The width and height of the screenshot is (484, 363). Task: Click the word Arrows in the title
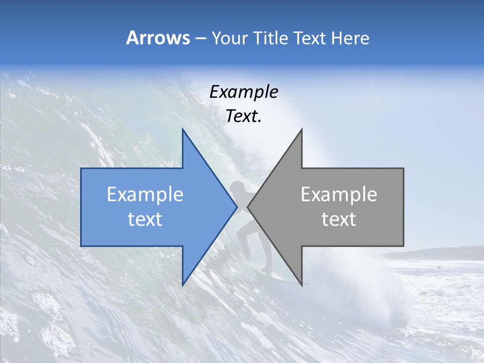(x=158, y=38)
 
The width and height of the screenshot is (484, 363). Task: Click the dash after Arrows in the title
(x=200, y=38)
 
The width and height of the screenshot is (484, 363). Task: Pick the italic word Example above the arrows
(x=244, y=92)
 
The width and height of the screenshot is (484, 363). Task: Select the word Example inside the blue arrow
(x=145, y=195)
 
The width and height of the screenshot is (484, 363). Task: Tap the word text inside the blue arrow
(x=145, y=219)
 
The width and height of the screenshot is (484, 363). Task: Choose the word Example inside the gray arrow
(x=339, y=195)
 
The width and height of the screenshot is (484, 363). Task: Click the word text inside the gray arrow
(x=339, y=219)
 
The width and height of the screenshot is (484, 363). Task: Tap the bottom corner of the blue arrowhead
(x=183, y=284)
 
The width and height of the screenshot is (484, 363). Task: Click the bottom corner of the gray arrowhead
(x=301, y=284)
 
